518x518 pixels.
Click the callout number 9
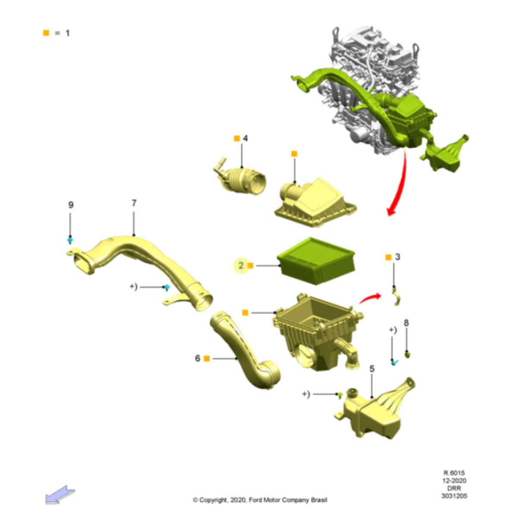click(71, 205)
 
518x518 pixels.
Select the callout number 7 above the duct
click(134, 202)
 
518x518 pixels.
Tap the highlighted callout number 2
click(241, 265)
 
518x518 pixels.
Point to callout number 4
click(245, 138)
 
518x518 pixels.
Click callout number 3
click(398, 257)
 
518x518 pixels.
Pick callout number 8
click(406, 323)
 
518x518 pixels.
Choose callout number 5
click(372, 369)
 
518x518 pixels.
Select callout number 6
click(197, 358)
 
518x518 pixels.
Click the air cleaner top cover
click(315, 201)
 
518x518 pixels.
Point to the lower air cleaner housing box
click(317, 332)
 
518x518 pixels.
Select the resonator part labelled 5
click(376, 410)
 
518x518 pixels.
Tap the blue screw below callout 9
click(70, 240)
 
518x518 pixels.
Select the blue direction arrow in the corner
click(60, 495)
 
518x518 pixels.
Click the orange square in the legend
click(46, 33)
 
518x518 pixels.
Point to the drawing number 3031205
click(454, 496)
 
